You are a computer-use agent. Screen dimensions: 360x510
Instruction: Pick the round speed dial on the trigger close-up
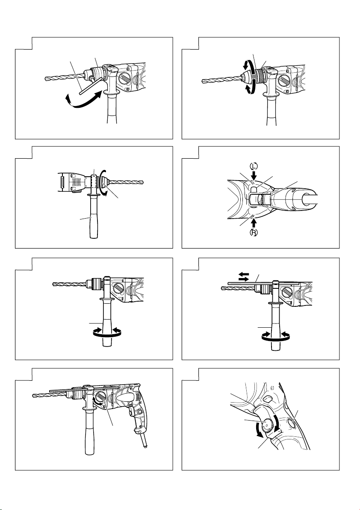(x=269, y=424)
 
